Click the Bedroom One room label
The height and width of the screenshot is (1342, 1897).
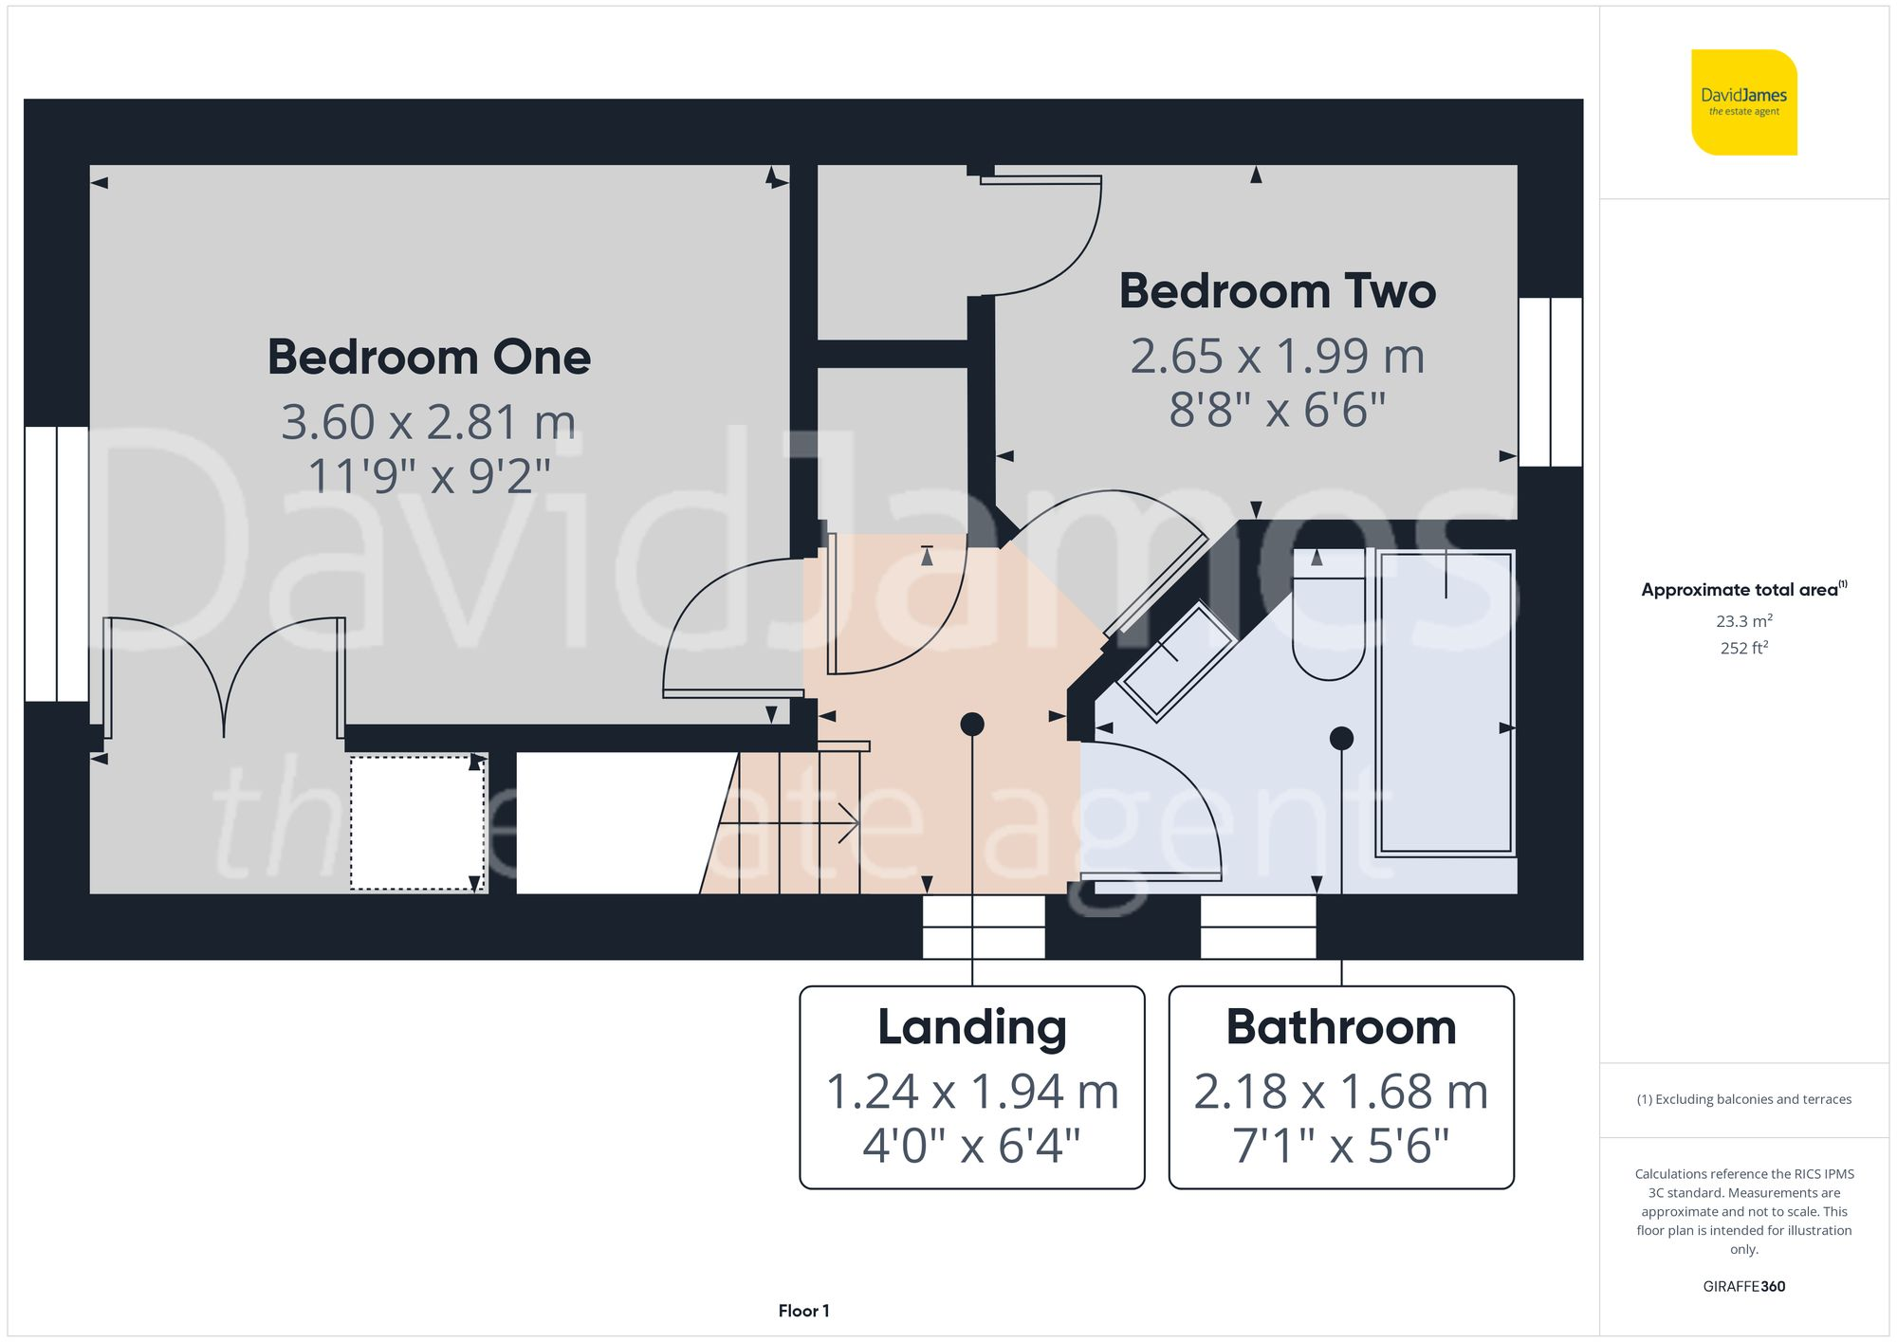pos(429,358)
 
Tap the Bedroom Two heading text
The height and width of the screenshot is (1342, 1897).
pos(1277,291)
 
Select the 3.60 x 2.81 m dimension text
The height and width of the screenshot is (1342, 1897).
pos(429,422)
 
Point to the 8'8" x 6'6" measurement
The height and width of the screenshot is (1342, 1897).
pos(1277,410)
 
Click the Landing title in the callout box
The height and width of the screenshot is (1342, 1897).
pos(971,1027)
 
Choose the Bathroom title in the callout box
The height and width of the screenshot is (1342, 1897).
pos(1340,1027)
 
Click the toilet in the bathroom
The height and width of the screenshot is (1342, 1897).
pos(1328,621)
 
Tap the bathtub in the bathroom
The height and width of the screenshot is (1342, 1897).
pos(1445,702)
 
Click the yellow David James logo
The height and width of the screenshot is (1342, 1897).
pos(1743,102)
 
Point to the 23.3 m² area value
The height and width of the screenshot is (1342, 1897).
pos(1743,621)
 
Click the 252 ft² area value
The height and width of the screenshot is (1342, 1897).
pos(1743,648)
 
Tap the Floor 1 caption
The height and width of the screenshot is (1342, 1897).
pos(803,1311)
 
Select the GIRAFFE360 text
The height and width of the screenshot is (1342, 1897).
pos(1743,1286)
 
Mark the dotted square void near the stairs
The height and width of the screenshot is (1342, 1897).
pos(417,822)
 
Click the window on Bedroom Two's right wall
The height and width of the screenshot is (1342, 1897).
pos(1550,382)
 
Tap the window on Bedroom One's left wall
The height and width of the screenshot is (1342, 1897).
pos(57,564)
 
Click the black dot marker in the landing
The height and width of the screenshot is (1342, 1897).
pos(971,725)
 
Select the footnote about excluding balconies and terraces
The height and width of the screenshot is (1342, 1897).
pos(1743,1099)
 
